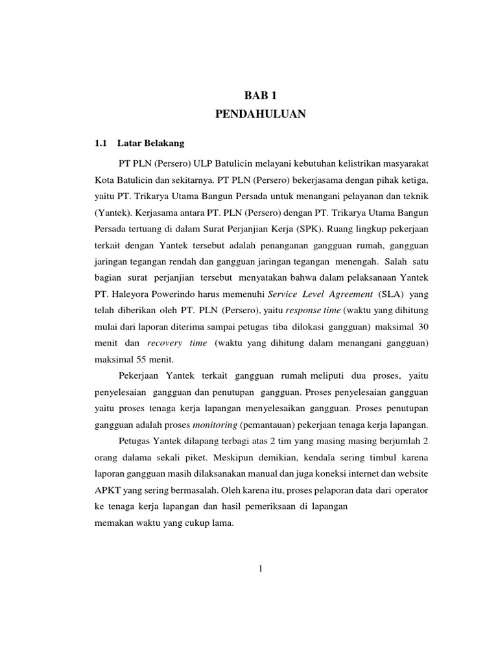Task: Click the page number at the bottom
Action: click(260, 569)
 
